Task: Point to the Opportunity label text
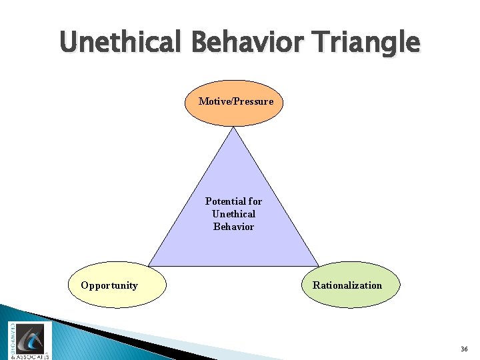tap(109, 285)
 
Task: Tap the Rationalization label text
tap(347, 285)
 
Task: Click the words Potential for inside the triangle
tap(233, 201)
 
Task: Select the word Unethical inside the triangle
tap(233, 213)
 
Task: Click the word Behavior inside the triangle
tap(233, 227)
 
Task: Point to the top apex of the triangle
tap(233, 129)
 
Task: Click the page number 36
tap(464, 349)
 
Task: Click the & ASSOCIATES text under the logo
tap(31, 356)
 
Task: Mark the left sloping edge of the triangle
tap(191, 197)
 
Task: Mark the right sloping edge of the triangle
tap(275, 197)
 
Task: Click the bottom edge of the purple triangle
tap(233, 265)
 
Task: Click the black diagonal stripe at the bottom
tap(133, 337)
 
